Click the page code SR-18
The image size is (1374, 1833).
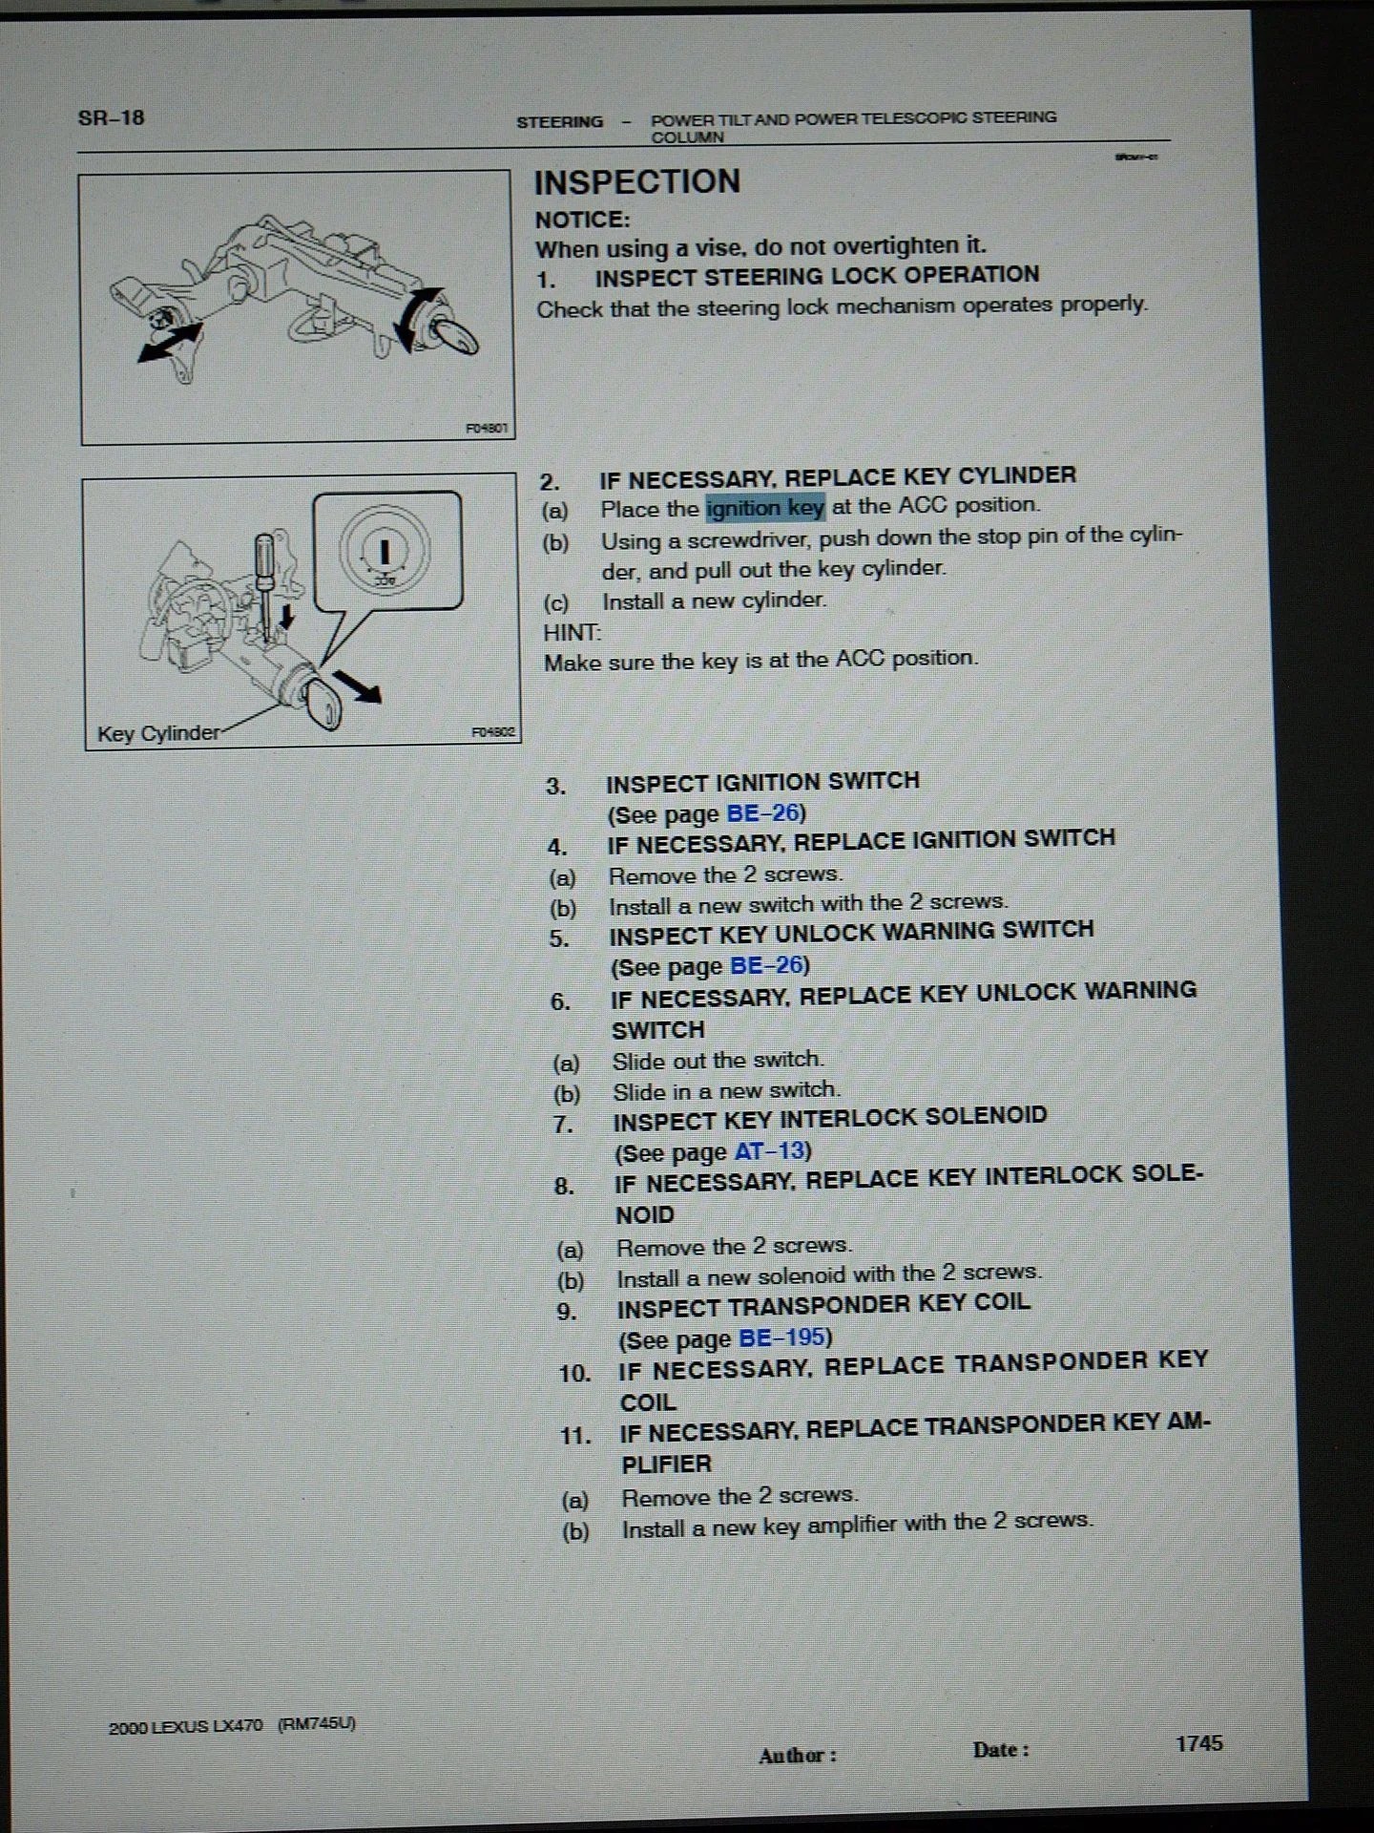click(112, 118)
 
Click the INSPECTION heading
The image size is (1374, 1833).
click(636, 181)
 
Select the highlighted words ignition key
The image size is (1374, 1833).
click(765, 508)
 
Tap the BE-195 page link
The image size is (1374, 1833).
click(782, 1338)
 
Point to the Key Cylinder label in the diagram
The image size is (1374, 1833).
click(158, 733)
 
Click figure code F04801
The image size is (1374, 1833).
click(488, 429)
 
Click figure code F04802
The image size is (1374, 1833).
click(493, 732)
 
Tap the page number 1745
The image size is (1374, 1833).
click(1199, 1743)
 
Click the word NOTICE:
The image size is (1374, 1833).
click(582, 220)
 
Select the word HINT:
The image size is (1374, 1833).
click(572, 632)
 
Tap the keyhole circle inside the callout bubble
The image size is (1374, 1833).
click(385, 549)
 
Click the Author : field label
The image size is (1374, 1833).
click(798, 1756)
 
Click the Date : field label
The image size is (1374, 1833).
click(1000, 1750)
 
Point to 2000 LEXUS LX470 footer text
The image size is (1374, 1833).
click(186, 1726)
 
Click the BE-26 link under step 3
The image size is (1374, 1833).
click(762, 813)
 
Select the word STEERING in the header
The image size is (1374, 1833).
click(560, 122)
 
